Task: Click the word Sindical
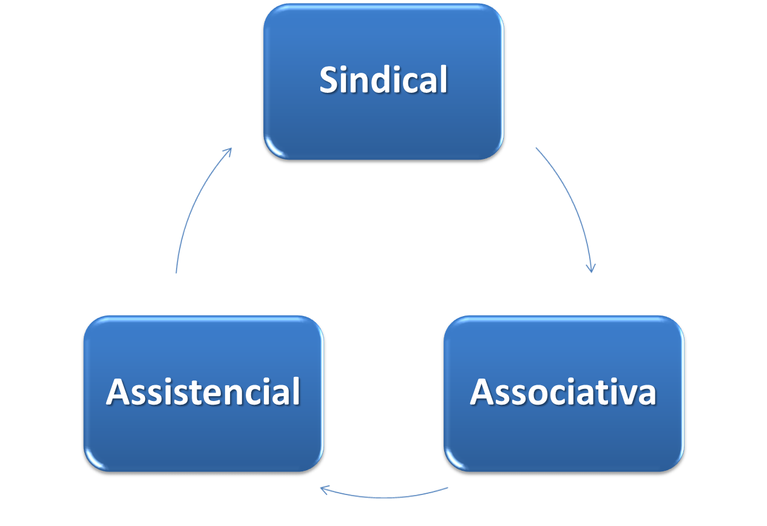click(x=383, y=80)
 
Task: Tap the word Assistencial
click(x=203, y=392)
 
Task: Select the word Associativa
click(x=563, y=392)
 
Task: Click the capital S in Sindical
click(x=330, y=80)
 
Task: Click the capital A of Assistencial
click(x=118, y=392)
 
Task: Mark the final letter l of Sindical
click(x=443, y=79)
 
